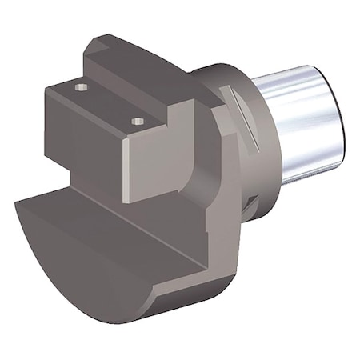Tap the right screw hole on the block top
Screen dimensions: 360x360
tap(138, 122)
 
